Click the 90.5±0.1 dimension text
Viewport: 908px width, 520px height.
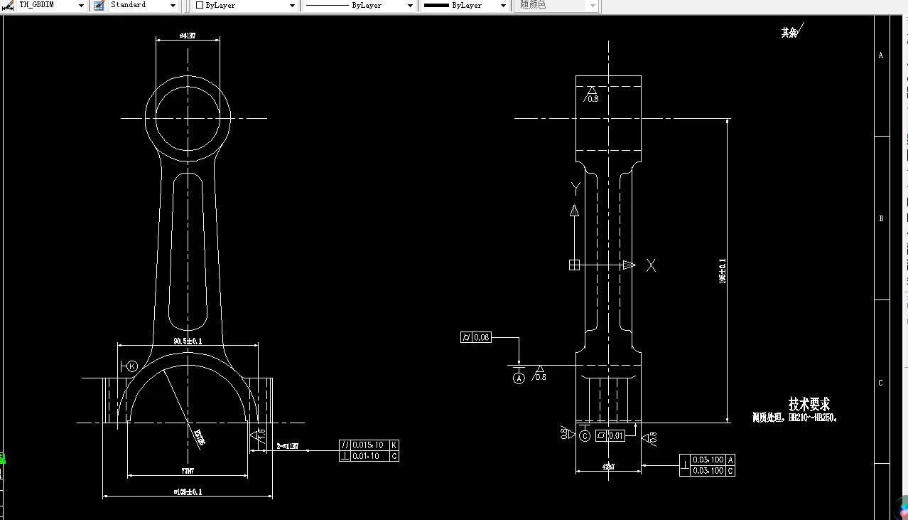click(x=188, y=341)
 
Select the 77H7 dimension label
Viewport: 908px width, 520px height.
click(x=188, y=471)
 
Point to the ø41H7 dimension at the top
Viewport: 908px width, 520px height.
click(x=188, y=35)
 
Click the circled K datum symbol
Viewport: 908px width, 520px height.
click(x=132, y=366)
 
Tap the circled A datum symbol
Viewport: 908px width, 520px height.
click(x=519, y=378)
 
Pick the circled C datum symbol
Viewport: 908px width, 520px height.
click(x=585, y=435)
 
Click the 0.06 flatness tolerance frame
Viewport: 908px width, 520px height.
click(x=475, y=337)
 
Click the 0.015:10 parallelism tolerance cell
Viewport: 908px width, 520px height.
click(x=369, y=445)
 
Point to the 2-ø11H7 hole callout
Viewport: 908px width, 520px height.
click(x=287, y=447)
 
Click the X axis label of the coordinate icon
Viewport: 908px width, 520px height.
click(x=651, y=265)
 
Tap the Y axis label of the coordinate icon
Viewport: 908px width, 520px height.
click(x=575, y=187)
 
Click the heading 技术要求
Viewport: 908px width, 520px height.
click(x=809, y=403)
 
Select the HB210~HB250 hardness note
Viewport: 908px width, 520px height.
click(x=795, y=418)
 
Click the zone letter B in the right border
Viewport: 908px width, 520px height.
click(x=881, y=218)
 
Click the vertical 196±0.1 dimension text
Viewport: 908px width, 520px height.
click(x=723, y=271)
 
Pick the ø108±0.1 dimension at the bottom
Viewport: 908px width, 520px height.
click(x=188, y=492)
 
